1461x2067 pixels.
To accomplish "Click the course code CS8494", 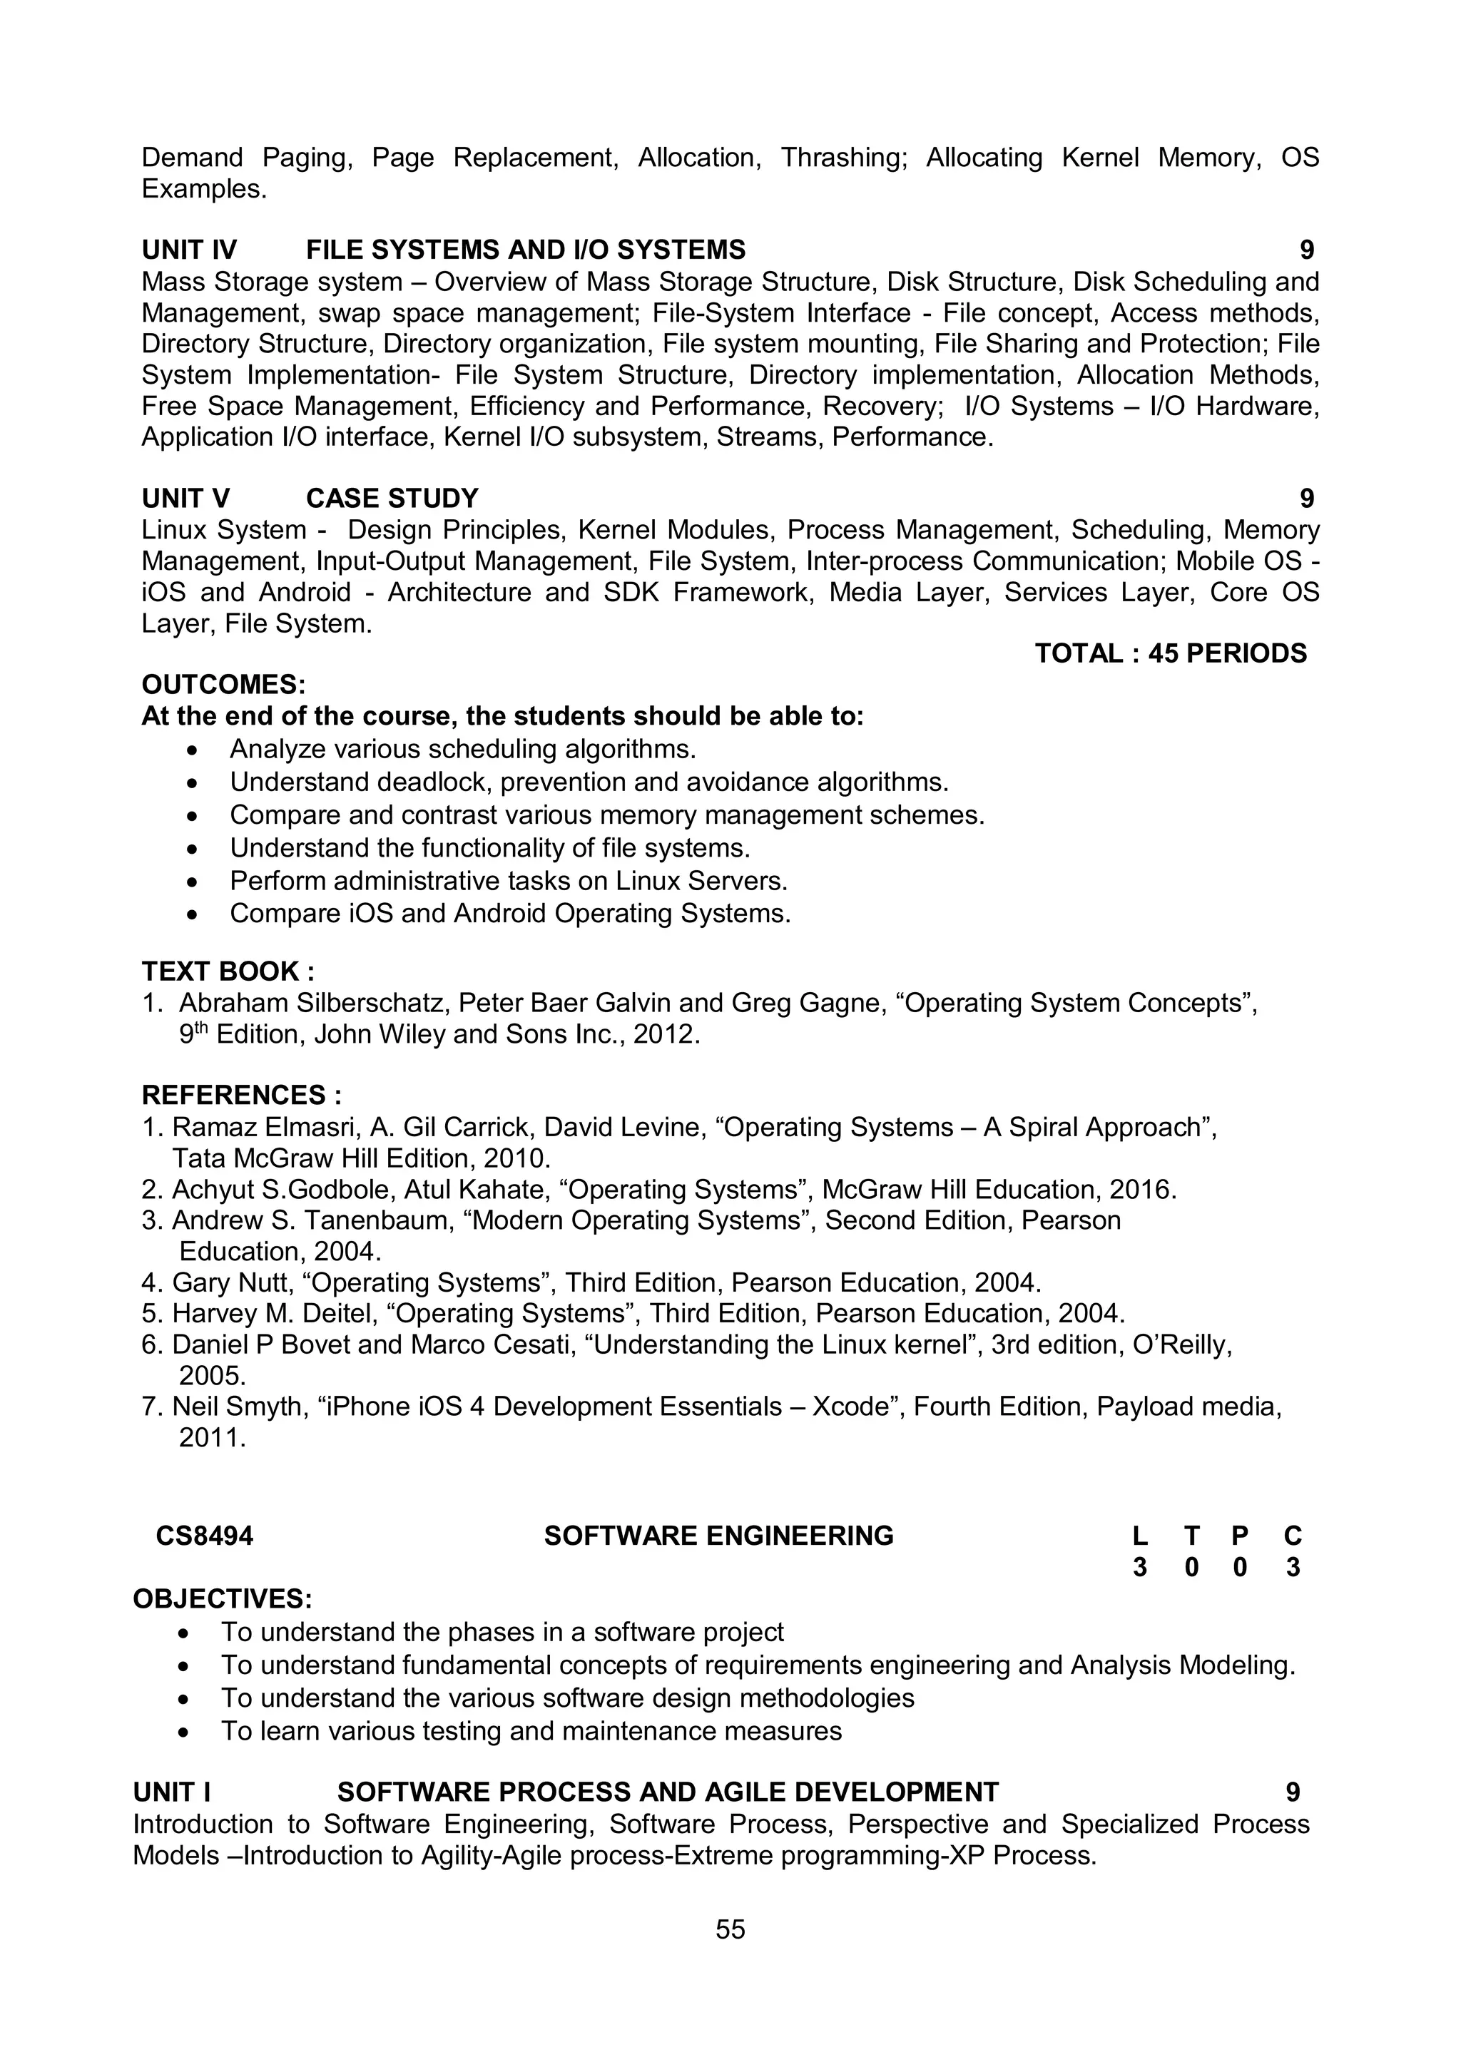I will click(x=204, y=1536).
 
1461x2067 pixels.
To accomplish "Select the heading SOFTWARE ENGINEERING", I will click(x=718, y=1536).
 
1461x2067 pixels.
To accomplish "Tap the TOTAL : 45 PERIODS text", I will click(x=1170, y=653).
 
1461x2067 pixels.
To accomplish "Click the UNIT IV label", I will click(x=189, y=250).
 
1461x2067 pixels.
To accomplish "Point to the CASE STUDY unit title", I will click(x=392, y=499).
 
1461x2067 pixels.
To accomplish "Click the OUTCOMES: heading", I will click(x=224, y=685).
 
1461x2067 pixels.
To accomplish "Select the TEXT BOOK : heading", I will click(x=228, y=971).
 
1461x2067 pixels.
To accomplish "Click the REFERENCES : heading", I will click(x=241, y=1096).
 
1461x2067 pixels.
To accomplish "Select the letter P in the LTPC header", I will click(x=1240, y=1536).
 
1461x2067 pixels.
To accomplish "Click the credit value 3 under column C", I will click(x=1293, y=1568).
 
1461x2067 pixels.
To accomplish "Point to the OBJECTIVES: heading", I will click(x=223, y=1600).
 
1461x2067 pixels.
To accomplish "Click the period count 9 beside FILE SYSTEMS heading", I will click(x=1306, y=250).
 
